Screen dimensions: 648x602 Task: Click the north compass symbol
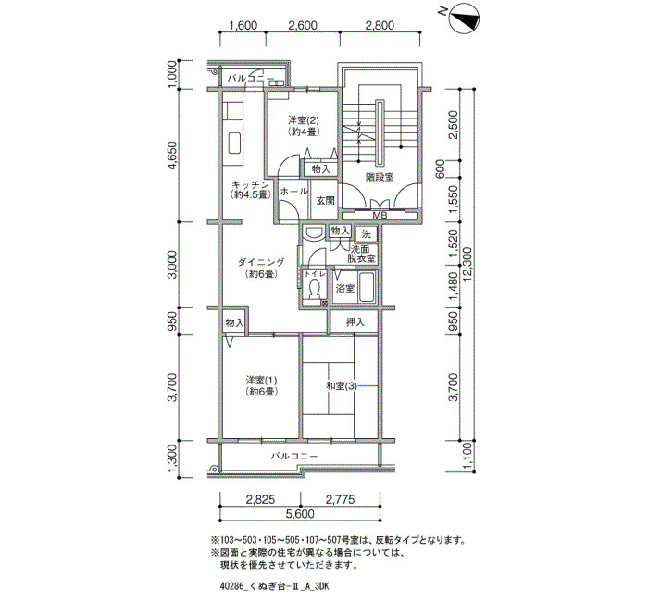(464, 19)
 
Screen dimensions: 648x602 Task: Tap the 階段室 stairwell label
(380, 177)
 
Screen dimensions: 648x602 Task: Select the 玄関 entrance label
(325, 201)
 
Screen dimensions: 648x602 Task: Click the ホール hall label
(293, 192)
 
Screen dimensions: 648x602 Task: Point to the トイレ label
(315, 274)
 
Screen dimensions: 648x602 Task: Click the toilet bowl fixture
(315, 289)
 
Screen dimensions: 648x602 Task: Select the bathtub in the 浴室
(367, 287)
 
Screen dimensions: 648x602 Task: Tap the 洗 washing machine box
(367, 234)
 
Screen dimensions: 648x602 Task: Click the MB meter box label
(380, 215)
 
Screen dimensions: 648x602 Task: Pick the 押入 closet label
(355, 322)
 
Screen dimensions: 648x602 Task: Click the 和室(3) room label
(342, 386)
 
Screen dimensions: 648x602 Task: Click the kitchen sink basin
(235, 143)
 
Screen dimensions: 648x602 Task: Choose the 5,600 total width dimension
(300, 514)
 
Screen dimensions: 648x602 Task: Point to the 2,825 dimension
(260, 499)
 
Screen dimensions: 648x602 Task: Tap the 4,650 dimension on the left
(172, 156)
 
